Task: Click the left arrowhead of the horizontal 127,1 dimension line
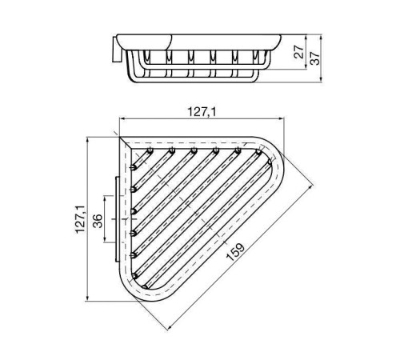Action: (x=121, y=123)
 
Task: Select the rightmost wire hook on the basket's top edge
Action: (x=258, y=149)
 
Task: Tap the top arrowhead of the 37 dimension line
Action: (x=321, y=36)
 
